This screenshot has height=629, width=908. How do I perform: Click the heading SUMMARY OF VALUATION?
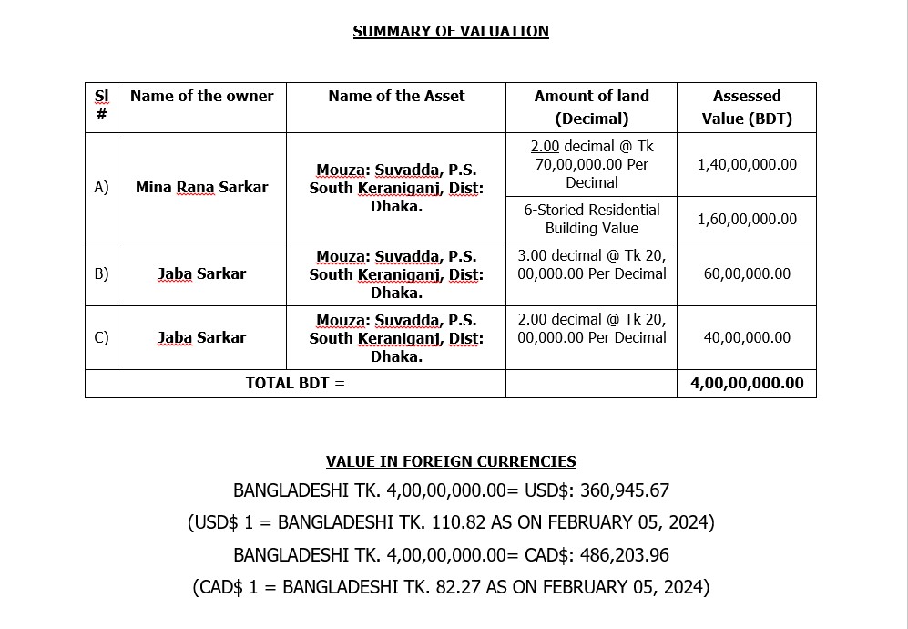451,31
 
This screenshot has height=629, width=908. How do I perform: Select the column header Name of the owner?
201,96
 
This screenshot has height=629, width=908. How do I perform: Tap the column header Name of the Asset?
396,96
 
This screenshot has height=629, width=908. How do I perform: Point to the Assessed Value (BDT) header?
747,107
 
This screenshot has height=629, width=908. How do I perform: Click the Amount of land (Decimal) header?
591,107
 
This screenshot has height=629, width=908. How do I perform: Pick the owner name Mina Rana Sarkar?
201,187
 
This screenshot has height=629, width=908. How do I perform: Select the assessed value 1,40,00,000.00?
747,164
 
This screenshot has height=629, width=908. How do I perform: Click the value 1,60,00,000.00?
747,219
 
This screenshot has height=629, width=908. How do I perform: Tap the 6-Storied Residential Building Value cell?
591,219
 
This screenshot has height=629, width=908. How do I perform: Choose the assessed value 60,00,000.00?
747,273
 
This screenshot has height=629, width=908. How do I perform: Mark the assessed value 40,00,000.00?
747,337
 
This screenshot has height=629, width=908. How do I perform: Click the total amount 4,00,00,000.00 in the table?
747,383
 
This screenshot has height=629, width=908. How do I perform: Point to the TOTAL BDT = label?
295,383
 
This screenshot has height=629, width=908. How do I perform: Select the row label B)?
101,273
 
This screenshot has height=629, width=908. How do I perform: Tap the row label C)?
101,337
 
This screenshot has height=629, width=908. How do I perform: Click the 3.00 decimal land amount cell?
591,264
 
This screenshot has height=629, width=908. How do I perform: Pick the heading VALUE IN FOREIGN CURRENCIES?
451,461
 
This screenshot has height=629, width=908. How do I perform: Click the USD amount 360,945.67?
623,490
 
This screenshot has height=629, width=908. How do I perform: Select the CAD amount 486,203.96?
623,555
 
